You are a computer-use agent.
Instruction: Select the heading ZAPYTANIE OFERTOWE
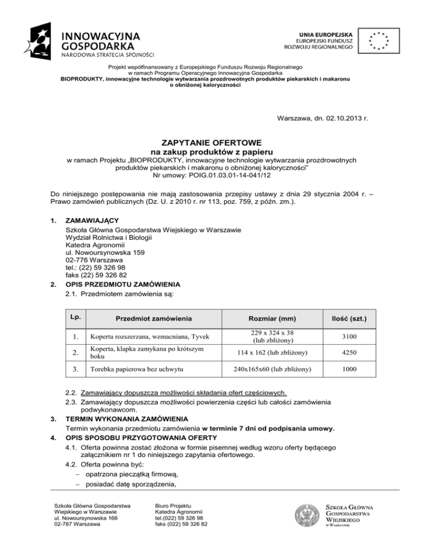click(212, 141)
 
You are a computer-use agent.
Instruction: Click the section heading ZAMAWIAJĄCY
click(92, 220)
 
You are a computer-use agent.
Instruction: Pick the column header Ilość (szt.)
click(375, 318)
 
